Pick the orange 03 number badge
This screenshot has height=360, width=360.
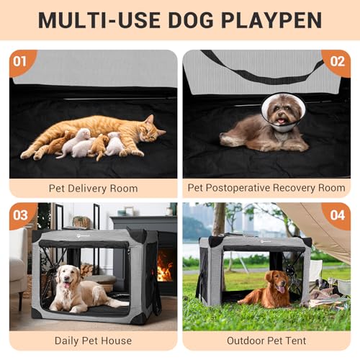(19, 215)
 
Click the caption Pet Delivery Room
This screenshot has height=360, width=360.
(93, 188)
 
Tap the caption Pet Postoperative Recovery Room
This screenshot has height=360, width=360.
(266, 188)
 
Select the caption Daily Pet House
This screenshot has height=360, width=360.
(93, 341)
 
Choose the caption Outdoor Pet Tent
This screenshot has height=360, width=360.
(266, 341)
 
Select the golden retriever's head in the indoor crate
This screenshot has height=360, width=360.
(66, 276)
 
